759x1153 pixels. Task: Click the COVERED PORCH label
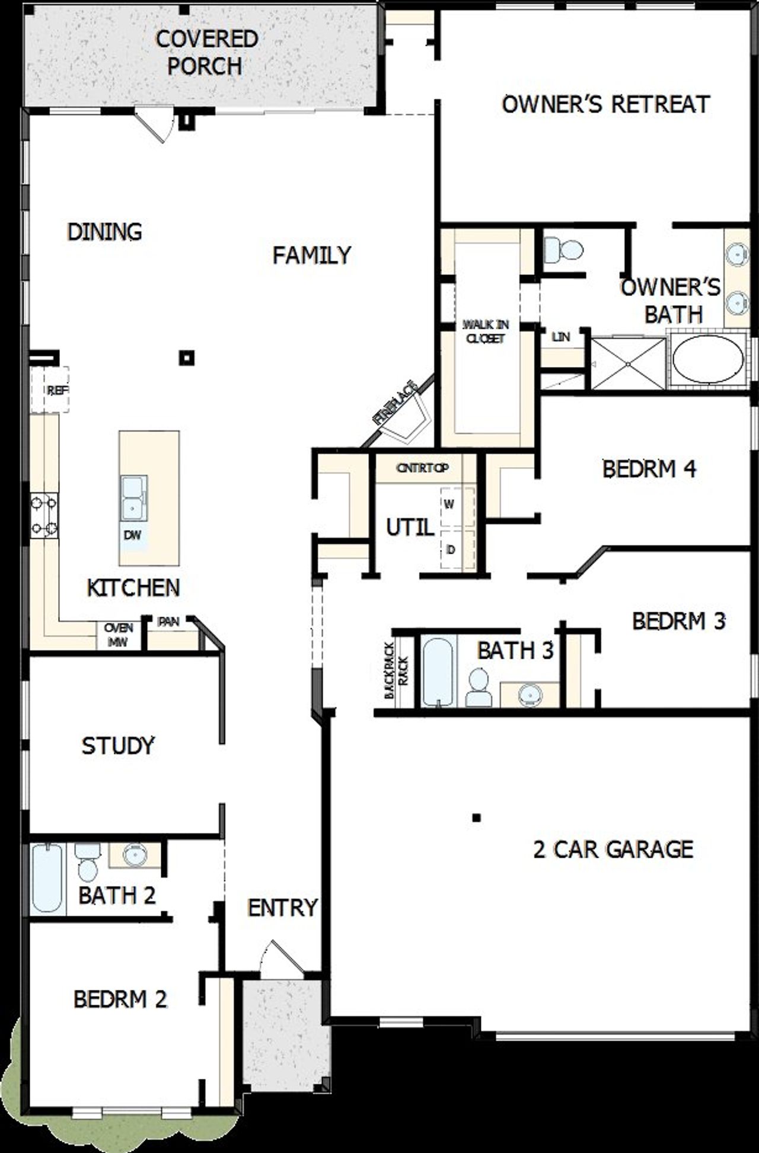coord(206,52)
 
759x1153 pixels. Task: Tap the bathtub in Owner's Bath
coord(707,360)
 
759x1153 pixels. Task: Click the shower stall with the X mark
coord(628,363)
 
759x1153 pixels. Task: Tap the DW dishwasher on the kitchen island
coord(132,535)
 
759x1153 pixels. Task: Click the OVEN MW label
coord(119,634)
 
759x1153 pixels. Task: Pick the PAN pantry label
coord(168,622)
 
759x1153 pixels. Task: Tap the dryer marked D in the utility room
coord(457,550)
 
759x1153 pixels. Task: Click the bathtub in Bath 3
coord(438,672)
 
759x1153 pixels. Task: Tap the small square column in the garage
coord(476,818)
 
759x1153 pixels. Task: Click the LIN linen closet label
coord(560,337)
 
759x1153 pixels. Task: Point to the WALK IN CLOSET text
coord(485,331)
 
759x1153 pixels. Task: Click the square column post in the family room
coord(187,357)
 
